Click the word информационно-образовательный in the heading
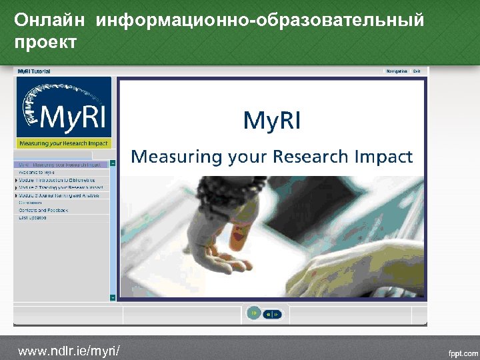pos(260,20)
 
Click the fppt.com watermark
pos(461,351)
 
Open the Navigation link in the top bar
pos(397,71)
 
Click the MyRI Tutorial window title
pos(34,71)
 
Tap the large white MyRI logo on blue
pos(63,109)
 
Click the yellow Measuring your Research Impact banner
pos(63,143)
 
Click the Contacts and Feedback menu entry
pos(43,210)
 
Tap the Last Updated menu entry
pos(33,217)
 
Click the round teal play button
pos(253,313)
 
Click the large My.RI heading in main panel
pos(271,121)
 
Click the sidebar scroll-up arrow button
pos(113,163)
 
